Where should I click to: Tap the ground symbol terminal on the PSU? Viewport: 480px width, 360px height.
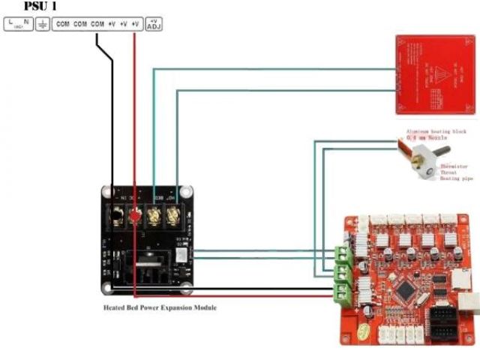click(43, 25)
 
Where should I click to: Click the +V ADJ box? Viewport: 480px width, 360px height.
click(154, 25)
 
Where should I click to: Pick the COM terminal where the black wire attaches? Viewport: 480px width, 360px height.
click(97, 25)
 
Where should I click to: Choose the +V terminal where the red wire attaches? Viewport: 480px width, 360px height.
click(135, 25)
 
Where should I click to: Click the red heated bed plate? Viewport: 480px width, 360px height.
click(435, 75)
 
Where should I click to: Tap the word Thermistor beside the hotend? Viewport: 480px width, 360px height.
click(454, 166)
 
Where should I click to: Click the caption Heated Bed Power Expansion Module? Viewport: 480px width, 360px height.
click(160, 307)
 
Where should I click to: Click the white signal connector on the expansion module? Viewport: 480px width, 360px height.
click(181, 256)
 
